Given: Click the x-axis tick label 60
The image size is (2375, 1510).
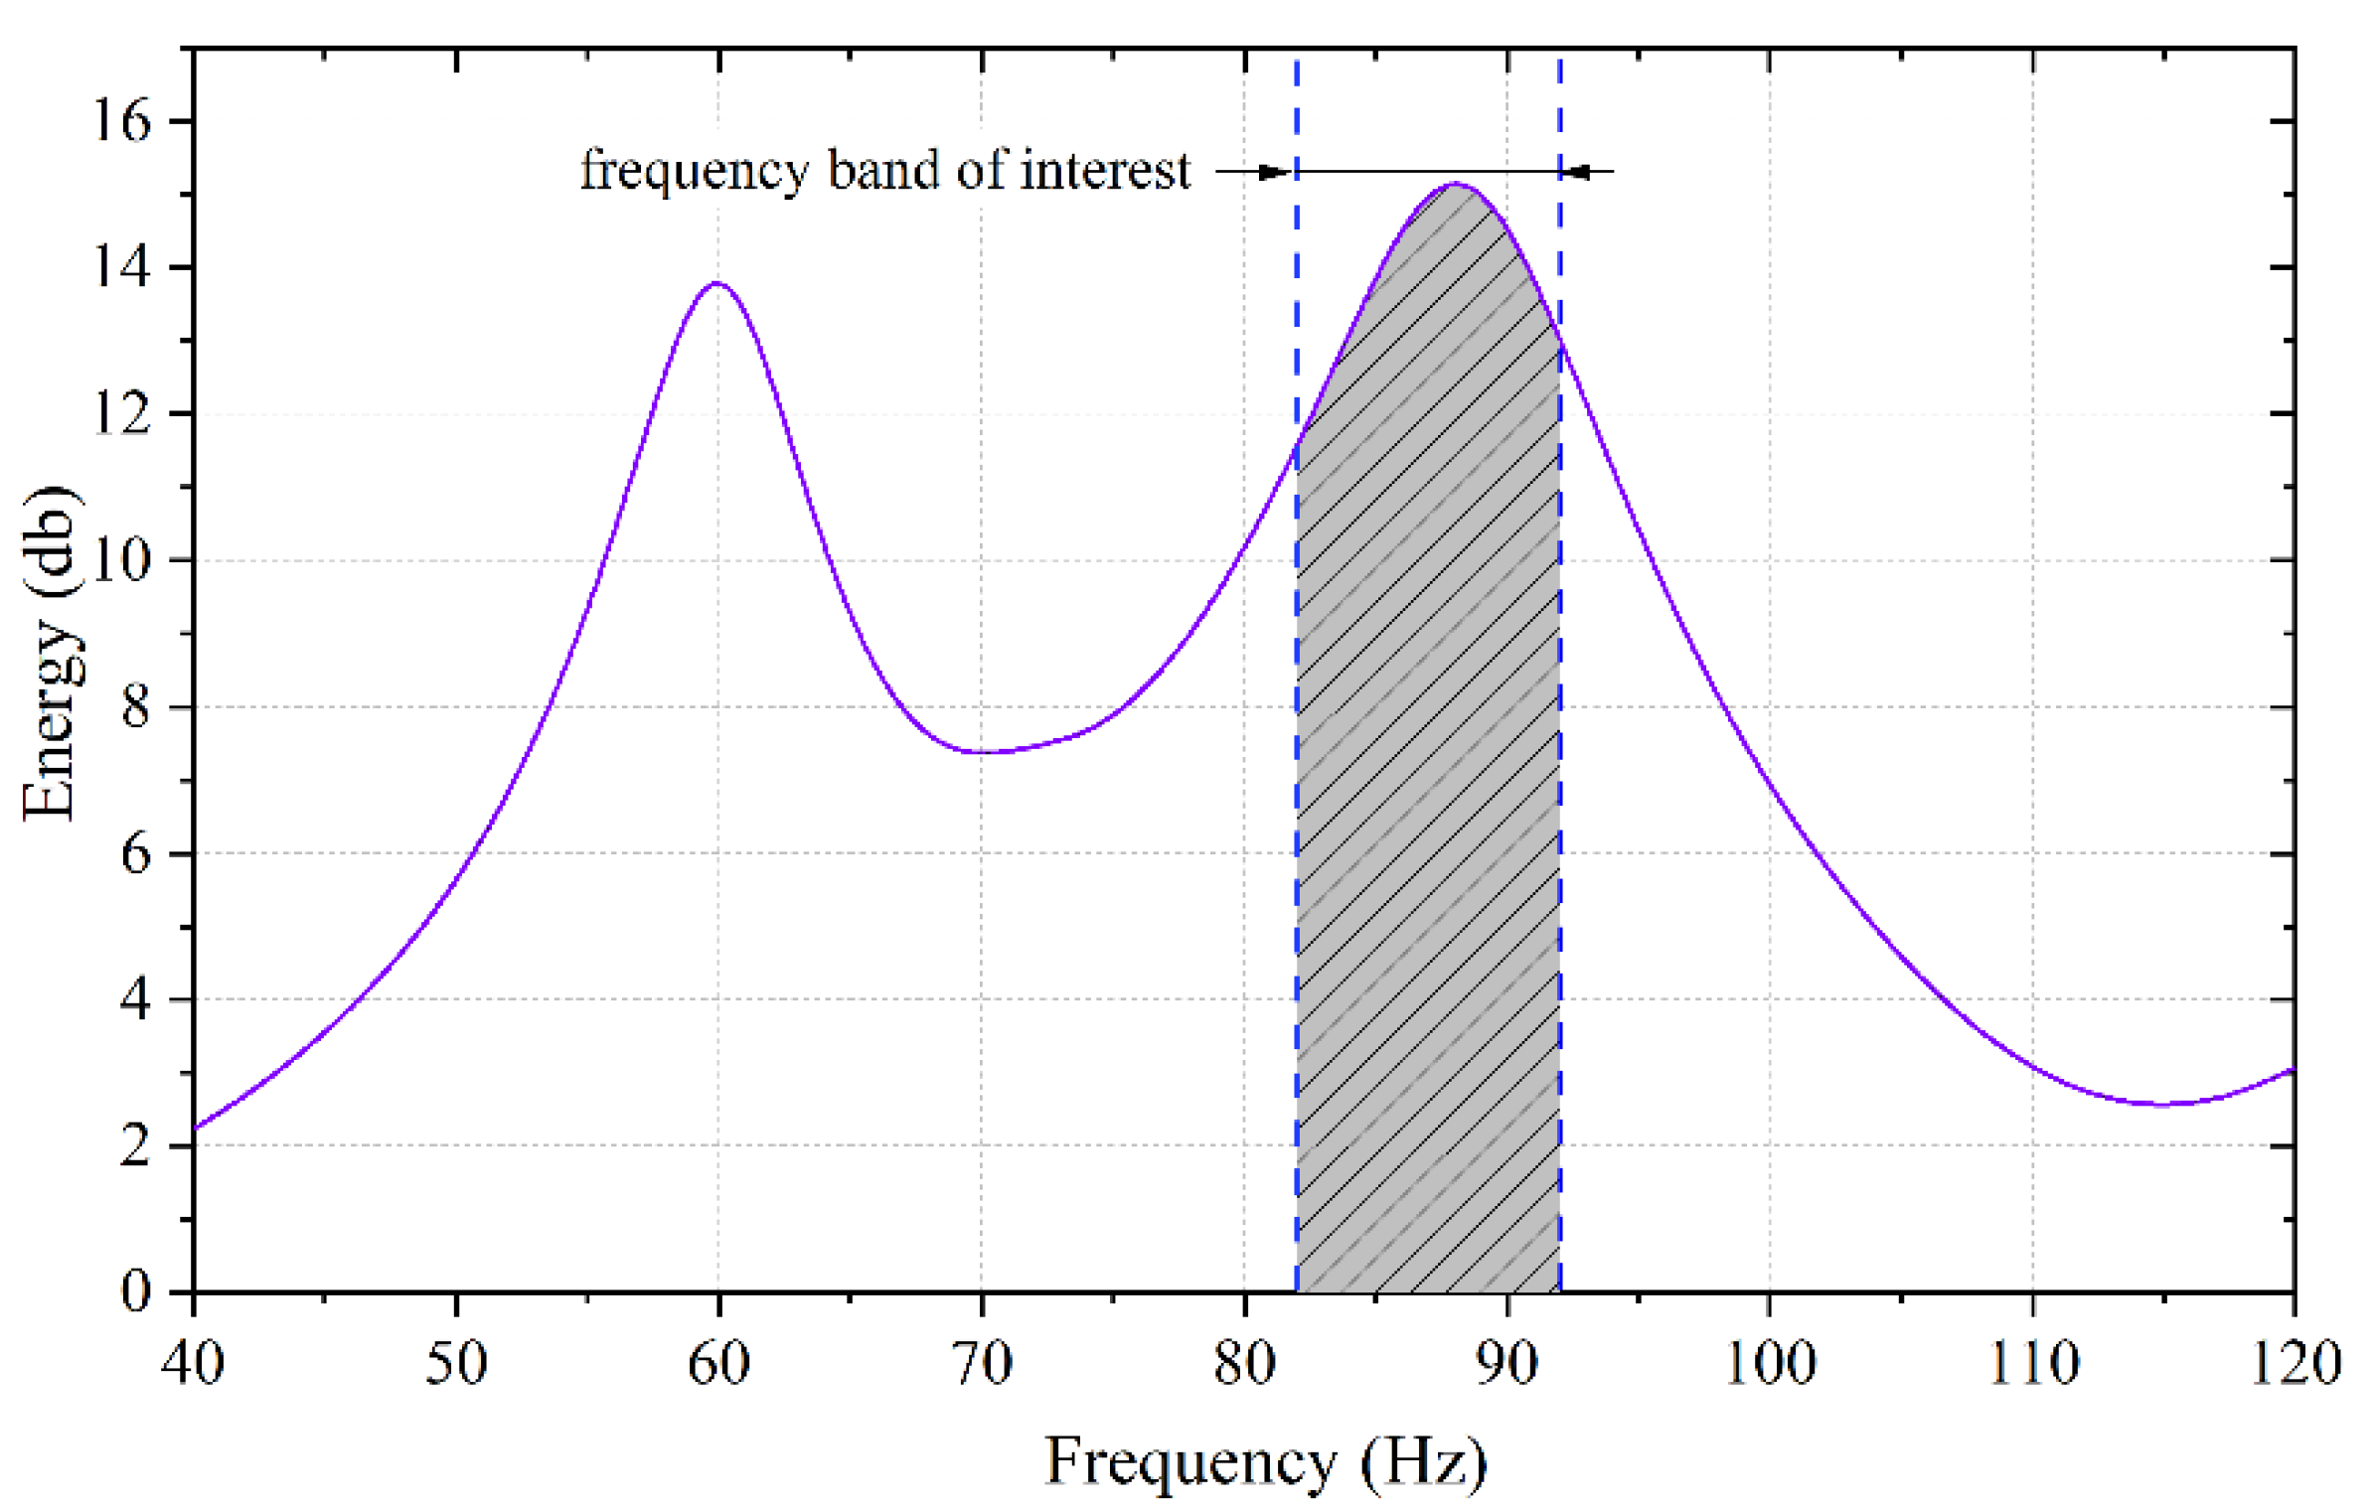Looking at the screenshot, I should pyautogui.click(x=718, y=1363).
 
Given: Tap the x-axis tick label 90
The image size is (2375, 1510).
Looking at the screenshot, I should pyautogui.click(x=1506, y=1363).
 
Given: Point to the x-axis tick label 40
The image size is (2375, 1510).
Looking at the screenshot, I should pyautogui.click(x=193, y=1363).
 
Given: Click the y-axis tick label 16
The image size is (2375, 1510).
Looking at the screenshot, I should pyautogui.click(x=121, y=121).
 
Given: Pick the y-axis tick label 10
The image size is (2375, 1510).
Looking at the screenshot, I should pyautogui.click(x=121, y=560).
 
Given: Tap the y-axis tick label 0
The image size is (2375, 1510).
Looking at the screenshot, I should pyautogui.click(x=136, y=1291).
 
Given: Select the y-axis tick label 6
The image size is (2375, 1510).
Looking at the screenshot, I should pyautogui.click(x=136, y=853).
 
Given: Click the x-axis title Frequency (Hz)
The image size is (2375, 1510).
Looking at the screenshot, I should pyautogui.click(x=1265, y=1462).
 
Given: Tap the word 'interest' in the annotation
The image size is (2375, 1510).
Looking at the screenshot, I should pyautogui.click(x=1105, y=171).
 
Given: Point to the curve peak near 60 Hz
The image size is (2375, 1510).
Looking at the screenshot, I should pyautogui.click(x=717, y=284).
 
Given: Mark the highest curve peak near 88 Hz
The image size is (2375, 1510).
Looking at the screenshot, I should pyautogui.click(x=1455, y=184).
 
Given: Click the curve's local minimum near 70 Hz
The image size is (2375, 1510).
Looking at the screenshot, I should pyautogui.click(x=982, y=752).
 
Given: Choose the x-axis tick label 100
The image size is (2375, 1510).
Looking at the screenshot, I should pyautogui.click(x=1770, y=1363).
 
